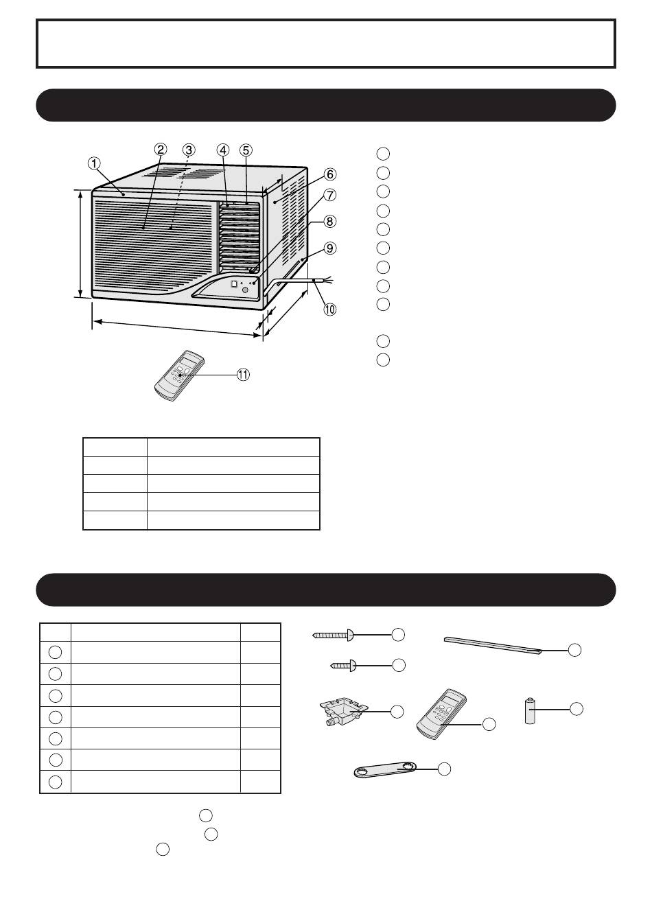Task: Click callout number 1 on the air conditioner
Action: click(x=94, y=163)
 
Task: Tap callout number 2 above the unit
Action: click(x=161, y=149)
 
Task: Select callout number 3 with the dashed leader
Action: click(x=189, y=150)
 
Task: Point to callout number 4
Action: click(x=223, y=150)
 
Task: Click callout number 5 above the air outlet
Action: click(x=246, y=150)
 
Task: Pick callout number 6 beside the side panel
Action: click(x=329, y=174)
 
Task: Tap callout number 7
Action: click(x=329, y=195)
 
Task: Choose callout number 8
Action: click(x=329, y=222)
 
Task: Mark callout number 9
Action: click(x=329, y=248)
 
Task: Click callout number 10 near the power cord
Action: click(x=329, y=310)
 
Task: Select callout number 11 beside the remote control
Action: click(x=243, y=375)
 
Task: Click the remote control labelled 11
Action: click(x=179, y=375)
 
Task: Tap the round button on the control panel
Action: click(x=246, y=290)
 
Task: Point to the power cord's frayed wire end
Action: click(x=328, y=281)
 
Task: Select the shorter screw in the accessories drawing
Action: click(x=344, y=665)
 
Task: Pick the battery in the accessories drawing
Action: click(x=531, y=710)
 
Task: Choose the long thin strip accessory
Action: click(x=493, y=646)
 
